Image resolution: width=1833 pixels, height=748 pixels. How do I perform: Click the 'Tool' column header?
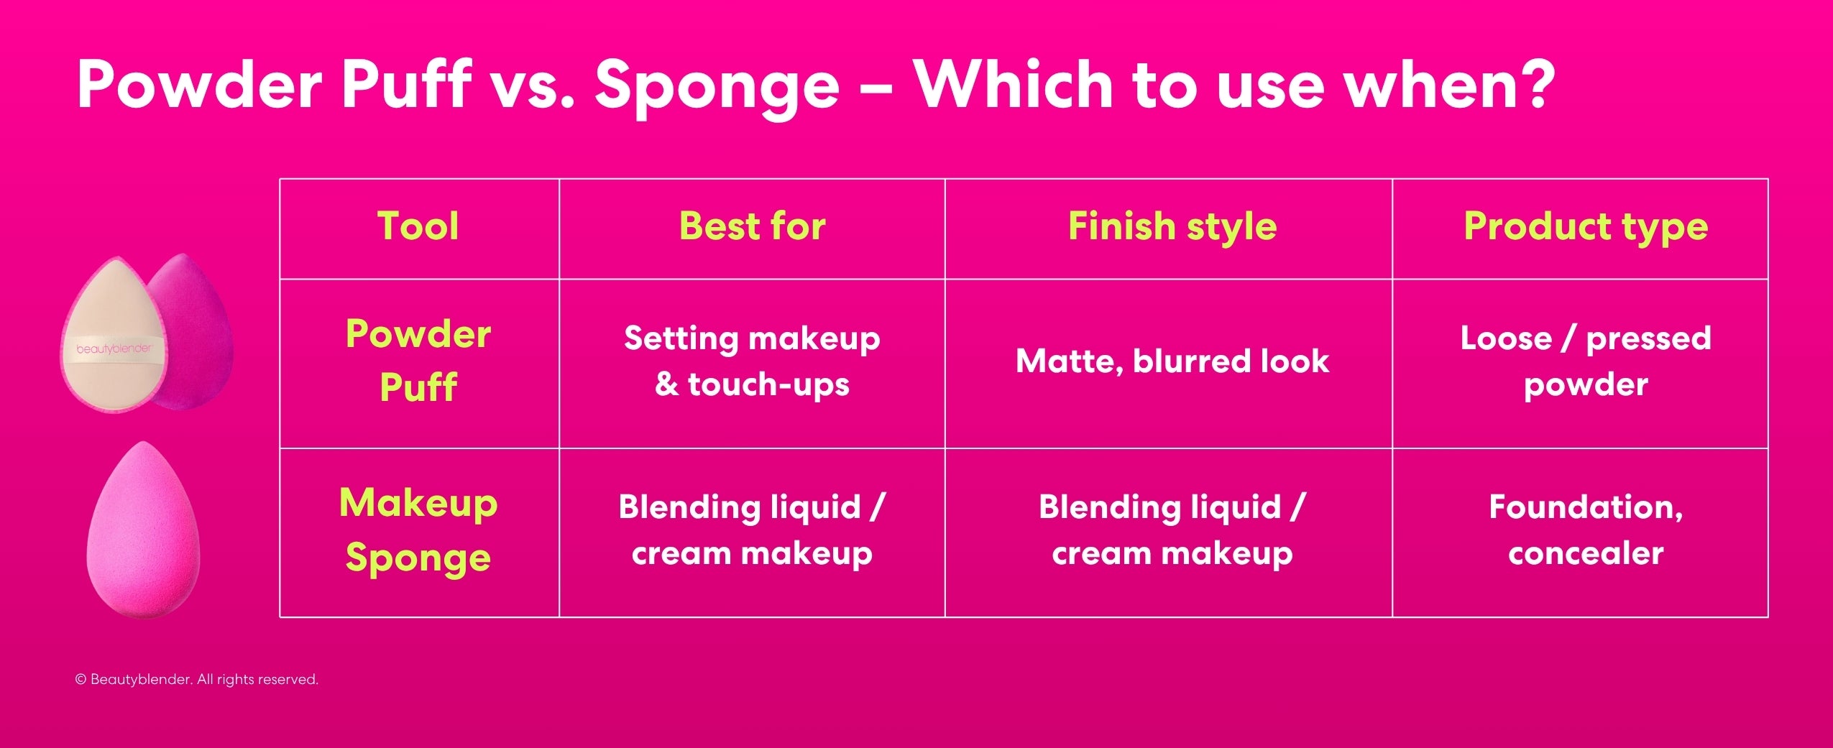coord(418,226)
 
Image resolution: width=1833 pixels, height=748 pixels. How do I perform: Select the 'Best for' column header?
coord(752,226)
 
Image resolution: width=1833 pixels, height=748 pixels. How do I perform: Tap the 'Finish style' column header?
coord(1172,226)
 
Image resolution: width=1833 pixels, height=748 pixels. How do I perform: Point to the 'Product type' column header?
coord(1585,226)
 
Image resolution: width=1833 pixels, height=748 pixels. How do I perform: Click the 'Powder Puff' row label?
coord(418,361)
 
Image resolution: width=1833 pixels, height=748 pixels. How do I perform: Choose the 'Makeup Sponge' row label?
coord(418,530)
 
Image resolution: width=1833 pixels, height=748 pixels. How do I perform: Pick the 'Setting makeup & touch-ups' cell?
coord(752,361)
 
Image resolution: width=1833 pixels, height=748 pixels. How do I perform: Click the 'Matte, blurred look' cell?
coord(1172,361)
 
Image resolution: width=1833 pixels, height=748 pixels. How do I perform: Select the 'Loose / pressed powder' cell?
coord(1585,361)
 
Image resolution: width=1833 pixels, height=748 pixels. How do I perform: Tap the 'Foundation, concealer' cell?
coord(1585,530)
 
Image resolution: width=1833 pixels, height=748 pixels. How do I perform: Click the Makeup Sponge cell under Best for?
coord(752,530)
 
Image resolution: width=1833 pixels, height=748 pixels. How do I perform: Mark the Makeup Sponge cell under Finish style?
coord(1172,530)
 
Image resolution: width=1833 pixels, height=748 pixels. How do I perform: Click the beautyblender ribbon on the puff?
coord(114,349)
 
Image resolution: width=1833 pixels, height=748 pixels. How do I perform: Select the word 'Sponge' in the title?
coord(717,86)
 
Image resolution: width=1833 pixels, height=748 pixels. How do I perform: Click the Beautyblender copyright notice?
coord(196,679)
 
